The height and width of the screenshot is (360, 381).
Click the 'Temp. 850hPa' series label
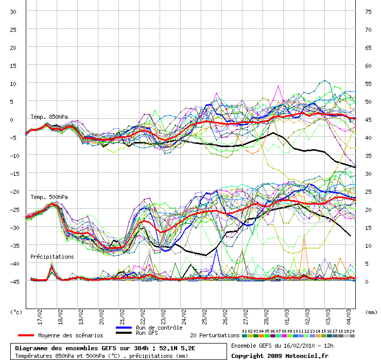(x=49, y=117)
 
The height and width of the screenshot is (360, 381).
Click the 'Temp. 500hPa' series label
(x=49, y=197)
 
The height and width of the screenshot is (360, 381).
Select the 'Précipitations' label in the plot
(x=52, y=257)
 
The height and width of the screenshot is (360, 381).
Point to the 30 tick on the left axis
(x=13, y=12)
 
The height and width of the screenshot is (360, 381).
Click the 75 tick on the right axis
(x=368, y=12)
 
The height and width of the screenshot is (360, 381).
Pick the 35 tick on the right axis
(x=368, y=156)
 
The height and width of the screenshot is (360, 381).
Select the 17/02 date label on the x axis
(x=40, y=317)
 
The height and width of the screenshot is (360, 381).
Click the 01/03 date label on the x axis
(x=287, y=317)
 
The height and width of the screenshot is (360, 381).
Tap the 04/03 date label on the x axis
(x=349, y=317)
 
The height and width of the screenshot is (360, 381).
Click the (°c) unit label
(x=16, y=312)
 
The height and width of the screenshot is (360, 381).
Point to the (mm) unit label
(x=371, y=312)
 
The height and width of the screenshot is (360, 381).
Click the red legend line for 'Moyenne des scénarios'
(x=26, y=335)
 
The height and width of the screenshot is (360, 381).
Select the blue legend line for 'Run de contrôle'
(x=124, y=328)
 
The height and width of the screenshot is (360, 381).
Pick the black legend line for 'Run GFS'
(x=124, y=333)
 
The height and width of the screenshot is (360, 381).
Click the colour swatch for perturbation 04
(x=262, y=336)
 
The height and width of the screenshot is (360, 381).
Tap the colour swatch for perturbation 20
(x=352, y=336)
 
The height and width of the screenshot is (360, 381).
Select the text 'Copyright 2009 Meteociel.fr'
(x=280, y=356)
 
